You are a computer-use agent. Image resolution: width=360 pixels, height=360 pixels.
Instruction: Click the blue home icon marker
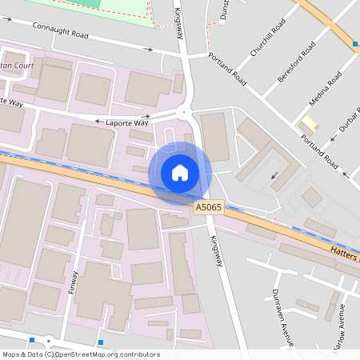point(180,173)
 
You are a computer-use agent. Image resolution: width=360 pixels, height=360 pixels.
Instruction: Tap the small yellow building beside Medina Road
point(306,124)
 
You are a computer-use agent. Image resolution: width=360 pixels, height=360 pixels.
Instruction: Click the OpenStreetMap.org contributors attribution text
point(113,354)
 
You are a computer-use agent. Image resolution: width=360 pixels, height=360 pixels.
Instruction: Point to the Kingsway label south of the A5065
point(214,250)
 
